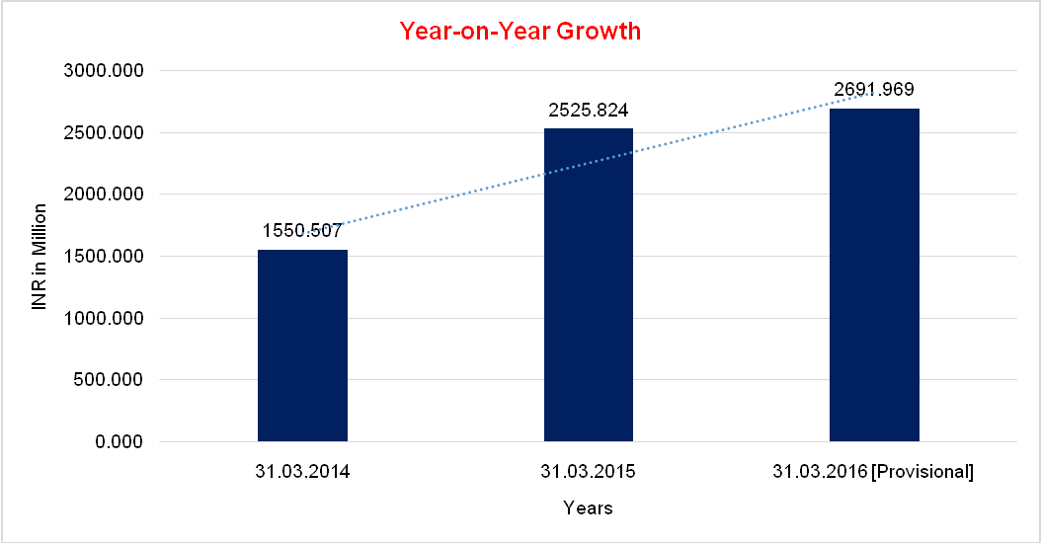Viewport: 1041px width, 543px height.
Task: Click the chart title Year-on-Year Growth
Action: tap(520, 32)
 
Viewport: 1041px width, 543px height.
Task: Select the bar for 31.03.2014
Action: tap(302, 346)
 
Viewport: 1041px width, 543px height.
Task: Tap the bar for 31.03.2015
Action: tap(589, 286)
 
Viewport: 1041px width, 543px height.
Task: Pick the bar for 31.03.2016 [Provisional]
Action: tap(874, 276)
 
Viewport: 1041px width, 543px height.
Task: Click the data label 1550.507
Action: tap(302, 231)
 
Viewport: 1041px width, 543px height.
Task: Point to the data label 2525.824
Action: tap(589, 110)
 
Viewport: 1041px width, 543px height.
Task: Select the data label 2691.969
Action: tap(874, 90)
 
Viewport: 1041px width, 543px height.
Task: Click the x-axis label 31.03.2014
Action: tap(302, 472)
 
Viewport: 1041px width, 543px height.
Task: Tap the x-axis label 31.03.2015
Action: tap(589, 472)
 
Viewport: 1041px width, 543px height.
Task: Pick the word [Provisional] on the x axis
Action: tap(923, 472)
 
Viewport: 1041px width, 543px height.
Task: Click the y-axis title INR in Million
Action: tap(40, 257)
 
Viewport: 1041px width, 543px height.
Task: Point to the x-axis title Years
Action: tap(588, 508)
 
